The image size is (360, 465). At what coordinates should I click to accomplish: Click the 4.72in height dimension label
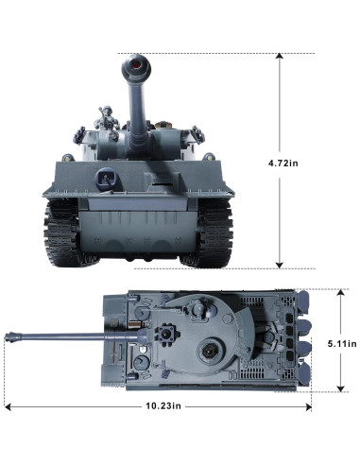click(x=283, y=164)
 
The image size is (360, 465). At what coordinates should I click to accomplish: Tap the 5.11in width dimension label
click(x=342, y=343)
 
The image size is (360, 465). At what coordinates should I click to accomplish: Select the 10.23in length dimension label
click(x=163, y=405)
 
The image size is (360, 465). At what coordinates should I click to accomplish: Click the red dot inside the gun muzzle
click(x=137, y=66)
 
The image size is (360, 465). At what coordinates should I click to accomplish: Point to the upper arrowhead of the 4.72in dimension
click(x=280, y=56)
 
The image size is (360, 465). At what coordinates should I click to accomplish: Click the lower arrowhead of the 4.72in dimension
click(x=280, y=266)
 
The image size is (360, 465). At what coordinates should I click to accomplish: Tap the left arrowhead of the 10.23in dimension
click(x=8, y=407)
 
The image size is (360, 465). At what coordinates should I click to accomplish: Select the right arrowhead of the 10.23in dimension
click(x=309, y=407)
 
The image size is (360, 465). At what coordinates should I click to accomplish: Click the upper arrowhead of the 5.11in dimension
click(x=340, y=293)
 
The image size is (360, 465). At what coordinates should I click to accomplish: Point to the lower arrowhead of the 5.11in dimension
click(x=340, y=388)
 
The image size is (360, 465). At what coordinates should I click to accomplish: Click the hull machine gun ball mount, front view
click(x=107, y=179)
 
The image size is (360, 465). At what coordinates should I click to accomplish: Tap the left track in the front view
click(x=61, y=232)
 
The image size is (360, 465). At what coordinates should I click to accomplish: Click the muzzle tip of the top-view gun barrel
click(x=8, y=336)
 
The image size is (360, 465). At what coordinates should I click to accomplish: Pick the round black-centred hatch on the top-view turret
click(x=208, y=351)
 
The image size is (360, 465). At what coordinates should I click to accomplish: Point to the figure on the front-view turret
click(x=107, y=117)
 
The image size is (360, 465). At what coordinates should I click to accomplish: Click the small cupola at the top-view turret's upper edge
click(x=197, y=308)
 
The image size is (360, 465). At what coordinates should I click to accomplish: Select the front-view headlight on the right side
click(x=208, y=157)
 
